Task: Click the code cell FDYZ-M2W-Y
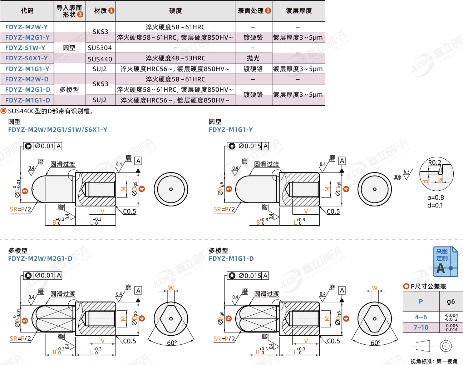click(x=26, y=27)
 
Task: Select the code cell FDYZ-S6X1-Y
click(x=26, y=58)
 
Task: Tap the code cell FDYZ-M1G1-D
click(x=28, y=100)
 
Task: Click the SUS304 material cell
click(x=100, y=48)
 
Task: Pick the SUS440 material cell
click(x=100, y=59)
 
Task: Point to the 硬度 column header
click(x=175, y=11)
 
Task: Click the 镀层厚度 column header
click(x=299, y=11)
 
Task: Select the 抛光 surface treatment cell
click(x=253, y=58)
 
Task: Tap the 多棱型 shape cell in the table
click(x=69, y=90)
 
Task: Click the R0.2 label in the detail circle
click(x=434, y=162)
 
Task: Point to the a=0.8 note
click(x=435, y=197)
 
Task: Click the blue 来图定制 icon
click(x=445, y=261)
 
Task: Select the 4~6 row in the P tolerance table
click(x=421, y=317)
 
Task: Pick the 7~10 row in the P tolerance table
click(x=421, y=327)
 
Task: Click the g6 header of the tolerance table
click(x=451, y=301)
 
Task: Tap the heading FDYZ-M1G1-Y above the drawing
click(x=231, y=130)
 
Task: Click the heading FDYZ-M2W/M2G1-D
click(x=40, y=259)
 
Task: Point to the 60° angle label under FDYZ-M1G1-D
click(x=375, y=343)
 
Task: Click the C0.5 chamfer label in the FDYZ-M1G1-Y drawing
click(x=333, y=211)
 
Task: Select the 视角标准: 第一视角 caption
click(x=434, y=361)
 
